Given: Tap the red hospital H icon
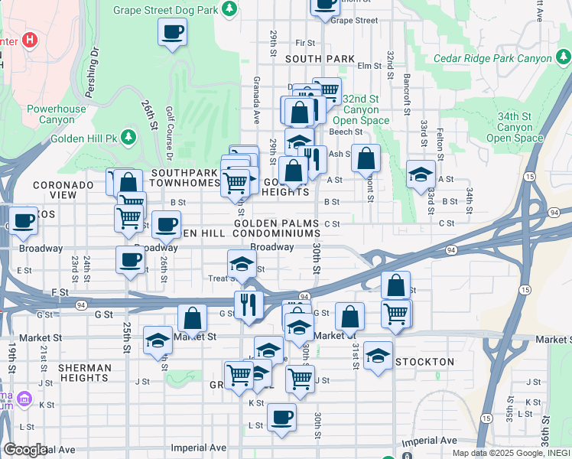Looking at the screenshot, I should click(31, 40).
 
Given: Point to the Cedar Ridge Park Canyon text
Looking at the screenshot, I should click(492, 58).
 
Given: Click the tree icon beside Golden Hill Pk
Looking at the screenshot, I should click(129, 138).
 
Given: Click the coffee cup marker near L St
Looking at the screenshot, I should click(281, 417).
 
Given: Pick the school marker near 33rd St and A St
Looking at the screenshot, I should click(421, 175).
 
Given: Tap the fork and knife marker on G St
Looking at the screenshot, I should click(249, 304).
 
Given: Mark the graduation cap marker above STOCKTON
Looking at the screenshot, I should click(378, 355).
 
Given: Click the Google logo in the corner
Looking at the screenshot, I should click(25, 450).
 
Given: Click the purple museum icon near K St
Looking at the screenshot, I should click(24, 399).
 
